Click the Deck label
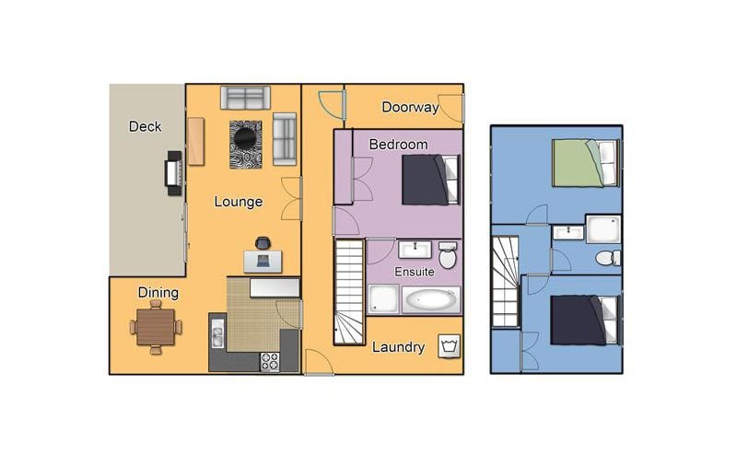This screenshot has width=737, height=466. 145,126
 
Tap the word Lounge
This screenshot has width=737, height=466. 239,202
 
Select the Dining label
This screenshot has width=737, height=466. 158,293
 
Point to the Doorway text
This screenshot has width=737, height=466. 410,107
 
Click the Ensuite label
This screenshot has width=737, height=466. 414,272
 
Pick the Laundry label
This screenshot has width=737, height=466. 398,347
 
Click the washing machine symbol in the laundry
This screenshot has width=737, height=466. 449,346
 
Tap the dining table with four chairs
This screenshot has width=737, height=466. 156,327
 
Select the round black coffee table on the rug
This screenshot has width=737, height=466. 245,138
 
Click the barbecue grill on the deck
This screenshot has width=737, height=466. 173,173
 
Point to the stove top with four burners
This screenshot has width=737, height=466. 270,362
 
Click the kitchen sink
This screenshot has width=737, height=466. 217,333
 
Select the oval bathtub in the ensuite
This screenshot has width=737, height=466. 431,299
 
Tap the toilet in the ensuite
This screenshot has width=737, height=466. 448,255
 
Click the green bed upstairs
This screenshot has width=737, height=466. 586,163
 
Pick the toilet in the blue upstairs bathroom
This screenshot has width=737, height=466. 608,258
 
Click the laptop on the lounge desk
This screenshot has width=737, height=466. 263,261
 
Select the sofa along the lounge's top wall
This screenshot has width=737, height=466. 245,98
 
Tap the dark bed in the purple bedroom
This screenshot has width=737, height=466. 430,180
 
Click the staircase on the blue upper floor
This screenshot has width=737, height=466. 505,282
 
